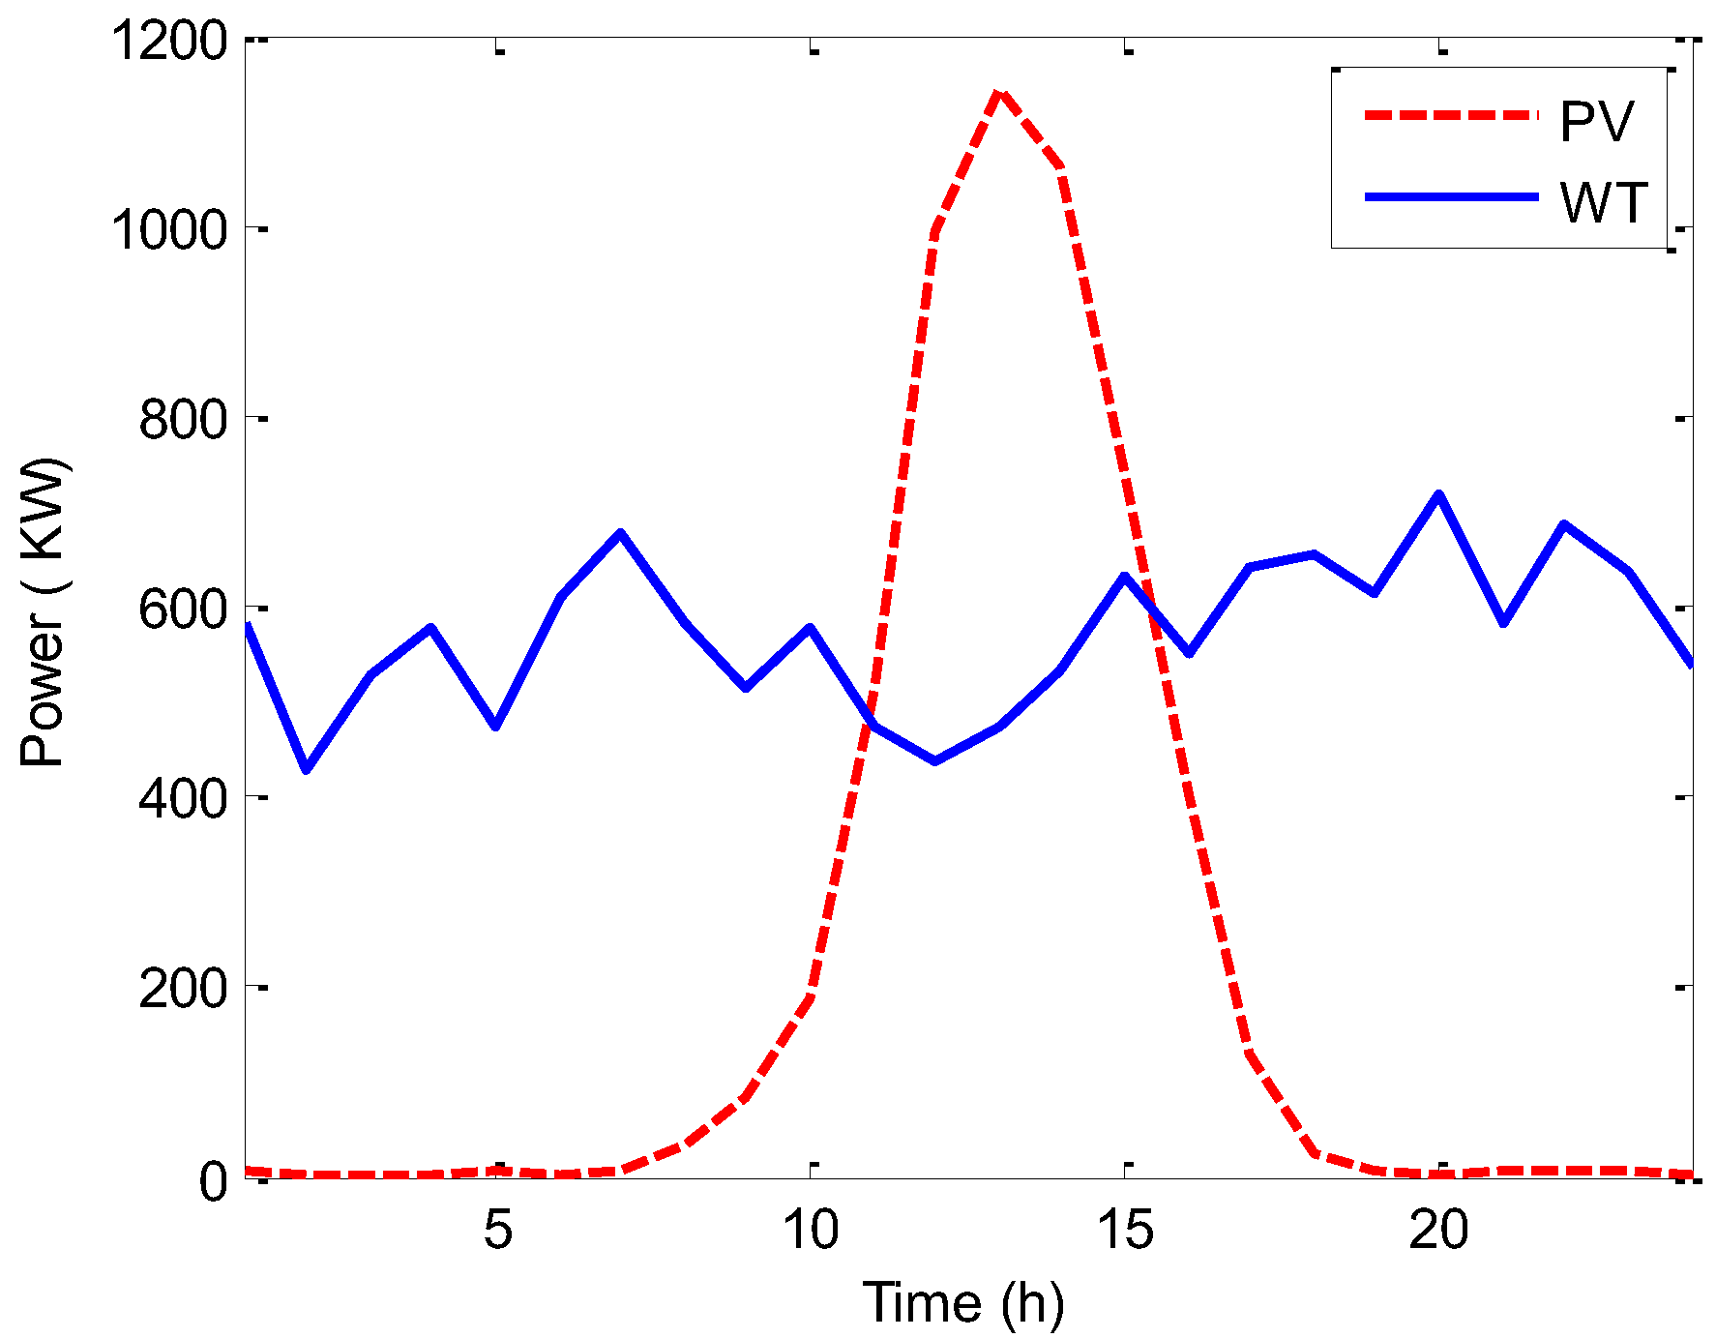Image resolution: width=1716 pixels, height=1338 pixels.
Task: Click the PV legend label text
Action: (x=1596, y=121)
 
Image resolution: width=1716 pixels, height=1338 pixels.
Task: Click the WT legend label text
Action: (x=1603, y=202)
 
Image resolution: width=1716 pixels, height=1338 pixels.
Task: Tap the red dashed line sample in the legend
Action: (x=1451, y=115)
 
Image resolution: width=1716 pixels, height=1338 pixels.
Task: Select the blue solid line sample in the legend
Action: (x=1451, y=196)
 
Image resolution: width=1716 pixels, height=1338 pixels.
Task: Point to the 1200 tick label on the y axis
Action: (x=169, y=43)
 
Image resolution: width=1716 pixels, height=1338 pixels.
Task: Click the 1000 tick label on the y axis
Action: (x=169, y=231)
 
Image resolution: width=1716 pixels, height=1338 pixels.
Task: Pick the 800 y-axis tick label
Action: (x=183, y=421)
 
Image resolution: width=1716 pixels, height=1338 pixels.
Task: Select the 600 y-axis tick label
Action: (x=183, y=610)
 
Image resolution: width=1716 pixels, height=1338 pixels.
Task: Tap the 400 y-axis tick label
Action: (x=183, y=799)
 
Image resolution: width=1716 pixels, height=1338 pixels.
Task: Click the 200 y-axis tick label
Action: (x=183, y=990)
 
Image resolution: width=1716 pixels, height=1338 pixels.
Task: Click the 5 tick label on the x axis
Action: (x=497, y=1230)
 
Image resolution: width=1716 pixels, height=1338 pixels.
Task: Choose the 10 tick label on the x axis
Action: (x=811, y=1230)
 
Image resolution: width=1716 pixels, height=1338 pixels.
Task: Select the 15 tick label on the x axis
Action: (x=1125, y=1230)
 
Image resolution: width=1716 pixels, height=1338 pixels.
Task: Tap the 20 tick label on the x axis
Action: (x=1439, y=1230)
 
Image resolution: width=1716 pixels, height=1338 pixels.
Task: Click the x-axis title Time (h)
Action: (x=962, y=1302)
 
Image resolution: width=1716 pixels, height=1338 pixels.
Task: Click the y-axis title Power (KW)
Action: (x=44, y=611)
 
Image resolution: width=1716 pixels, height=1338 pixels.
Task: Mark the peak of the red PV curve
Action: (x=999, y=92)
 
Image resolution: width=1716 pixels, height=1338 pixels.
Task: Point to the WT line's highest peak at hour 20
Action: (x=1439, y=494)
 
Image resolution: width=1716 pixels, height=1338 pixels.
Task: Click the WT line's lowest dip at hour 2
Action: (x=308, y=769)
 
